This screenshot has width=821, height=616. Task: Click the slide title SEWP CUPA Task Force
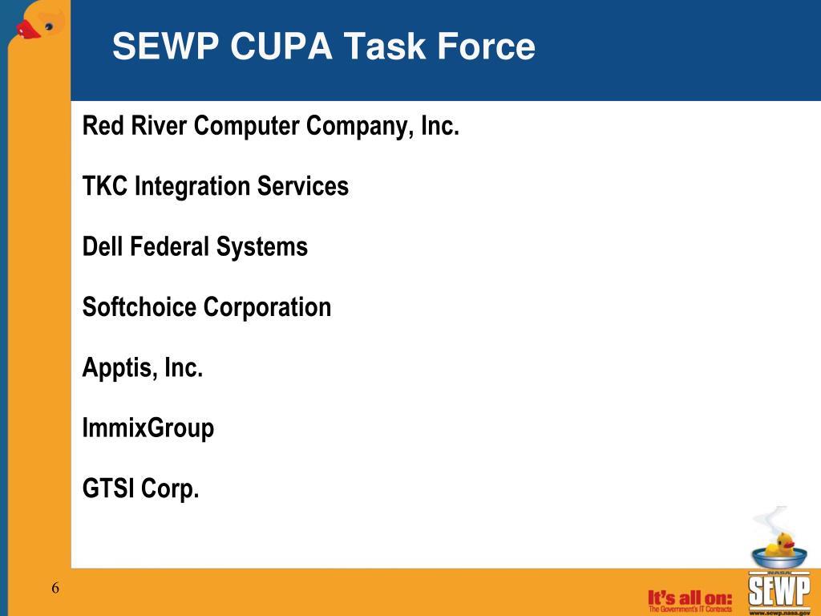point(323,47)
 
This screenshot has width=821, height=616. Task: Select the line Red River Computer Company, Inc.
point(271,127)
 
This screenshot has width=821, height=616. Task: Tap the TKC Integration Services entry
point(216,187)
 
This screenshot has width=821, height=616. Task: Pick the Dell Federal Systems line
point(195,247)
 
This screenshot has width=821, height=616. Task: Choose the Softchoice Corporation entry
point(207,307)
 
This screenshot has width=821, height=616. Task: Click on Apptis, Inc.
point(143,368)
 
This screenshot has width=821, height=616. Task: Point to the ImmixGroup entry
point(148,428)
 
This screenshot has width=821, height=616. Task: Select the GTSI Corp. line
point(140,488)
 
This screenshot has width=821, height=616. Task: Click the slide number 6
point(55,589)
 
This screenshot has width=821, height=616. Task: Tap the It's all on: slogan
point(690,597)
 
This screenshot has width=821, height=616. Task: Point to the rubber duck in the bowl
point(779,546)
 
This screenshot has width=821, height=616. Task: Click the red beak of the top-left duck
point(28,30)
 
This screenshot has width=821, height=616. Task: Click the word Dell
point(102,247)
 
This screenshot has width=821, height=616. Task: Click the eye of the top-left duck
point(50,26)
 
